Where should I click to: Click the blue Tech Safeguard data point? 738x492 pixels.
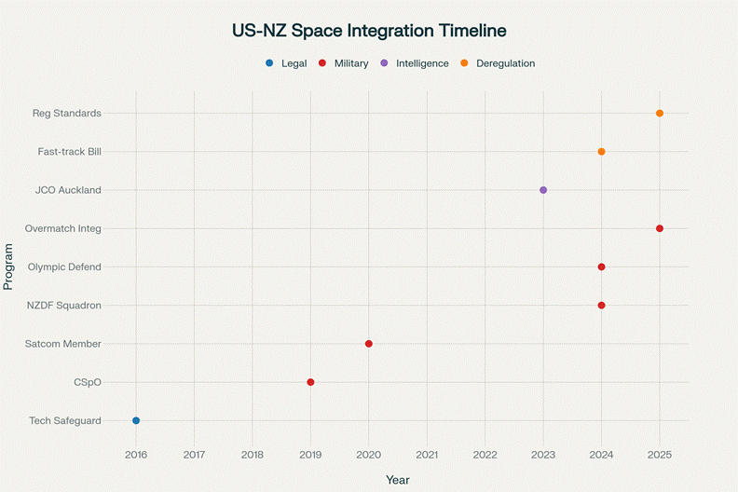[x=136, y=420]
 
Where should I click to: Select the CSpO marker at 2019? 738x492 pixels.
[x=310, y=382]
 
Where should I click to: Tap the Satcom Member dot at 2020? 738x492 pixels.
[x=369, y=344]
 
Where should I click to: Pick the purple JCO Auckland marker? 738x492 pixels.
[x=543, y=190]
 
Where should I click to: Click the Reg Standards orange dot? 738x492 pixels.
[x=660, y=113]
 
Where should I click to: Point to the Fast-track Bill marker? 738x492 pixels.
[x=601, y=151]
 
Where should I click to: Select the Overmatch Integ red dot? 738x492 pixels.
[x=660, y=228]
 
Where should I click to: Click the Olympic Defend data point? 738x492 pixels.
[x=601, y=266]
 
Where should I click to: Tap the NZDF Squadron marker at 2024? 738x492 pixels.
[x=601, y=306]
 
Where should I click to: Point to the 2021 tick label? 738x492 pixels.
[x=427, y=454]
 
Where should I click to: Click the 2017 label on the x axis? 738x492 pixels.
[x=194, y=454]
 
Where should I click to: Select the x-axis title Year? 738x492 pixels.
[x=398, y=480]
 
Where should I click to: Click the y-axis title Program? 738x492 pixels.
[x=9, y=266]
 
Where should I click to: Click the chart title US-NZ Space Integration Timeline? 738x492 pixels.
[x=369, y=30]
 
